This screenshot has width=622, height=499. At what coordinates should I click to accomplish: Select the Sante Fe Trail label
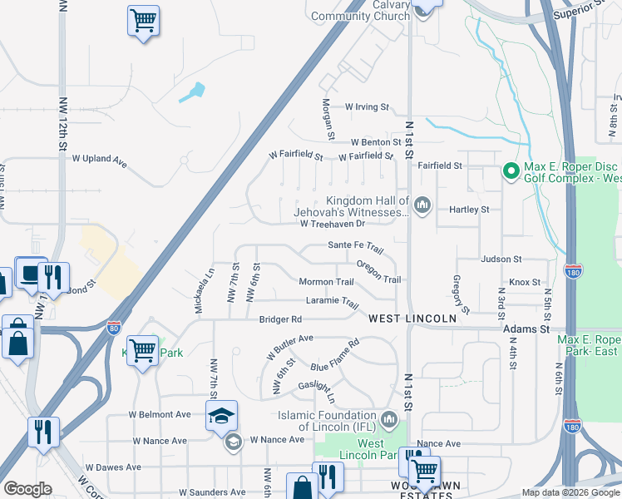click(355, 247)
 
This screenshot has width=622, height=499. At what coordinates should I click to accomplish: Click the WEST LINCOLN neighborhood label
click(412, 319)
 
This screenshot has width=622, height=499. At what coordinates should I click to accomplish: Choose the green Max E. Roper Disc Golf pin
click(510, 172)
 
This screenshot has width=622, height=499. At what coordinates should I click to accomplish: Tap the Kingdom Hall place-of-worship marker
click(422, 205)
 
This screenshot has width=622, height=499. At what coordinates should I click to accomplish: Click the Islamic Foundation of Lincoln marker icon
click(389, 418)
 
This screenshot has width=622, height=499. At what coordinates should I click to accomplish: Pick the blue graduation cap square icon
click(221, 415)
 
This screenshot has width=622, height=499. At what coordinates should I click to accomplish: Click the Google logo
click(27, 489)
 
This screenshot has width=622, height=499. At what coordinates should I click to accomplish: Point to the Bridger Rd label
click(279, 319)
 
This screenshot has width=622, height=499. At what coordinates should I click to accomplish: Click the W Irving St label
click(367, 107)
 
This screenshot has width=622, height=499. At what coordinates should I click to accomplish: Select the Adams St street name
click(526, 329)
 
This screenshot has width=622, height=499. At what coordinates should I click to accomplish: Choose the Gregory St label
click(462, 294)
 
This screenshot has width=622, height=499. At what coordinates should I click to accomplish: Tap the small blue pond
click(193, 92)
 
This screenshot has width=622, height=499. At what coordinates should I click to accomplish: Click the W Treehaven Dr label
click(333, 224)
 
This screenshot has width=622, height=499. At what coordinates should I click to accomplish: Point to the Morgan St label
click(328, 119)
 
